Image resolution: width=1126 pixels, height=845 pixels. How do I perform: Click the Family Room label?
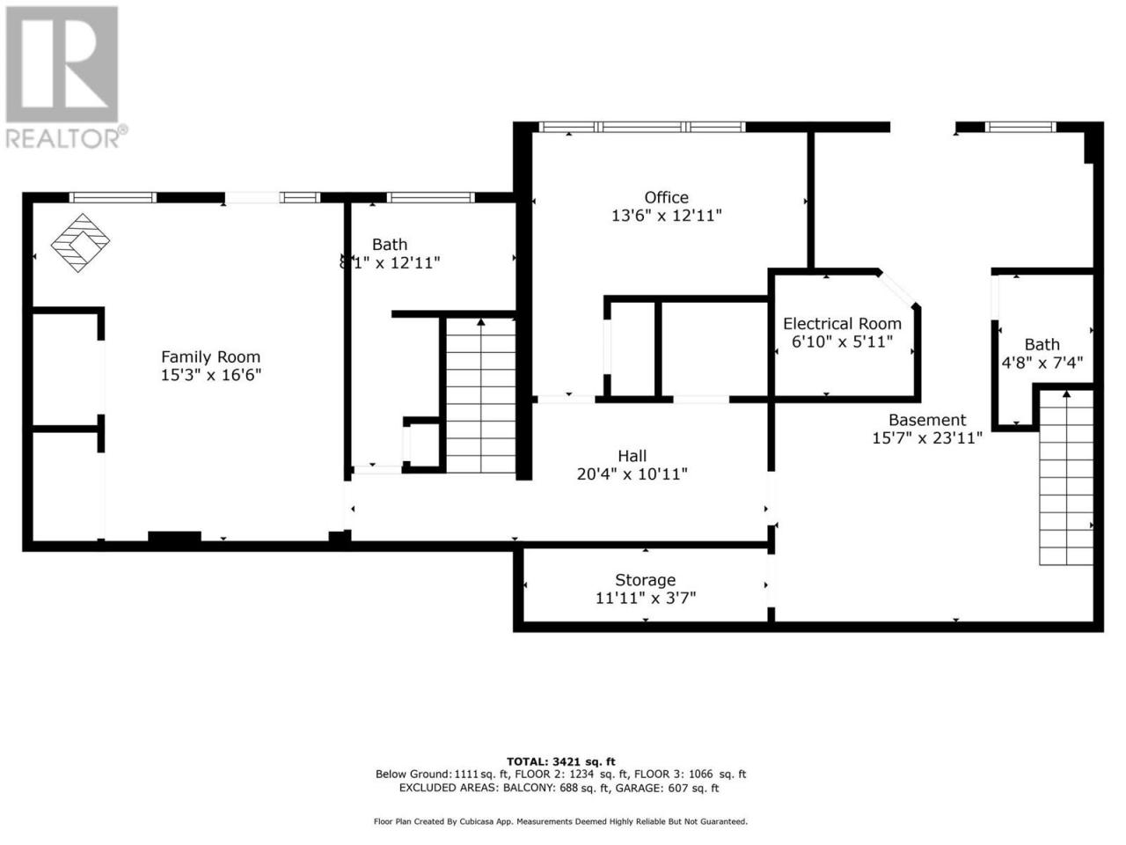(211, 356)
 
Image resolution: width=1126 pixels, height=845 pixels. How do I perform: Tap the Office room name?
(667, 197)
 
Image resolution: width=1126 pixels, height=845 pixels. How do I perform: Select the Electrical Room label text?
(843, 324)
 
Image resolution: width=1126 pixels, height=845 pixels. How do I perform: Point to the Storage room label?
(646, 580)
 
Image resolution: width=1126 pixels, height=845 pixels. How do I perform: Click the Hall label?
(632, 456)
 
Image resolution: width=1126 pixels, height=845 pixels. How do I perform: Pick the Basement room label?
(927, 420)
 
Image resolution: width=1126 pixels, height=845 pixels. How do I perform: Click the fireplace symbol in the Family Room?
(81, 243)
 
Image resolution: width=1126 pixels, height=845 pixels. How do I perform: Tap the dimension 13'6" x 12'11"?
(667, 216)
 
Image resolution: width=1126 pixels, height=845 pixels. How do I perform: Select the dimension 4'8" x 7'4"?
(1042, 363)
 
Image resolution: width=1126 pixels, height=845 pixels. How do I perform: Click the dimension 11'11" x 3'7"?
(646, 598)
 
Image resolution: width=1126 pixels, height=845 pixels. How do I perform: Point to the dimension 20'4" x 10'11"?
(632, 474)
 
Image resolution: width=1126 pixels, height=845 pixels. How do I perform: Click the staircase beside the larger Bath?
(480, 395)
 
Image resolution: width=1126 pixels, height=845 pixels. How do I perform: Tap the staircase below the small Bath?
(1066, 478)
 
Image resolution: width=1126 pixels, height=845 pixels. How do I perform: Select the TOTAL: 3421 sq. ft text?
(560, 762)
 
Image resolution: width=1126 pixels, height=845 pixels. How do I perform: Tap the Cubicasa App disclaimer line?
(560, 821)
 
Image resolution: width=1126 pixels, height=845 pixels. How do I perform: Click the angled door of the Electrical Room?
(896, 289)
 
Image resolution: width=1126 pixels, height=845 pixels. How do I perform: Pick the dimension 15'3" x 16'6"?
(211, 375)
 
